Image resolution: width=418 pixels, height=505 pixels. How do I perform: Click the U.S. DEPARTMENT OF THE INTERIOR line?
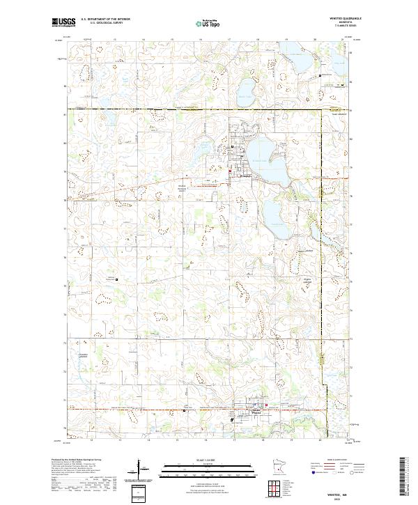click(104, 20)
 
